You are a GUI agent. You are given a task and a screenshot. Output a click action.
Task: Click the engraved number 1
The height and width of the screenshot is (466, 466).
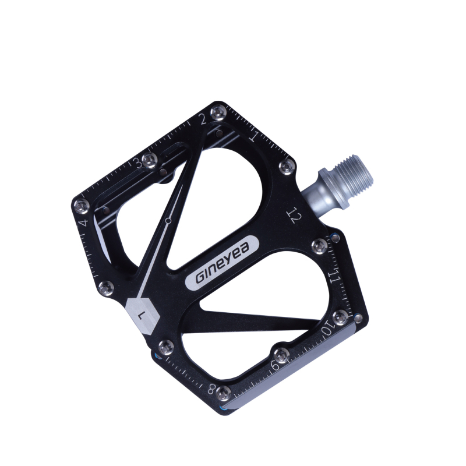(254, 135)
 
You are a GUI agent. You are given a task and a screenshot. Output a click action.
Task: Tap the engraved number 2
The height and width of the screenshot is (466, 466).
(203, 119)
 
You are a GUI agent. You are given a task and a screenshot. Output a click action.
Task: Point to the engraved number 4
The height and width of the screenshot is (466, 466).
(83, 223)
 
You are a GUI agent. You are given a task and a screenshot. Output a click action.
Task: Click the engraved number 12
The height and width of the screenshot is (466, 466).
(294, 215)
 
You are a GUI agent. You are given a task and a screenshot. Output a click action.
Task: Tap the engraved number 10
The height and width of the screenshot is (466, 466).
(328, 330)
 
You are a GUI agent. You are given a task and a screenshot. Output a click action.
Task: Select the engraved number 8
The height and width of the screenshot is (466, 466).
(211, 389)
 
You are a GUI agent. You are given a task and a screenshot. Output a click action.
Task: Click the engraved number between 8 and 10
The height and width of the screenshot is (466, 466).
(276, 365)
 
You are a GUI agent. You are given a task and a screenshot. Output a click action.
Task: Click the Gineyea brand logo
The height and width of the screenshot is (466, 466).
(223, 263)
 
